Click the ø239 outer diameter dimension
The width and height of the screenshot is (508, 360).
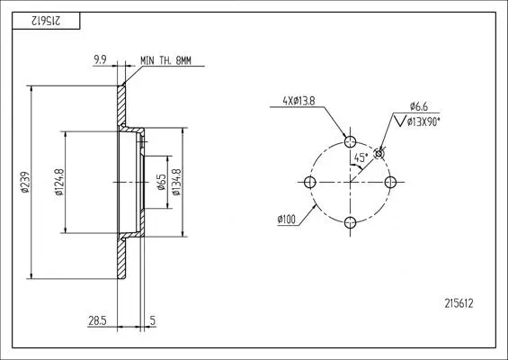pyautogui.click(x=25, y=183)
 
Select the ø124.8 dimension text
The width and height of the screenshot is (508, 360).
pyautogui.click(x=59, y=182)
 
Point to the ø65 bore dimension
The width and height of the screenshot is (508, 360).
pyautogui.click(x=161, y=183)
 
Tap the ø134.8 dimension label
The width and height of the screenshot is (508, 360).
pyautogui.click(x=176, y=182)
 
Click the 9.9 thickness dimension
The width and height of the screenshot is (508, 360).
pyautogui.click(x=100, y=59)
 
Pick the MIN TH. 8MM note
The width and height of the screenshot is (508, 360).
pyautogui.click(x=165, y=60)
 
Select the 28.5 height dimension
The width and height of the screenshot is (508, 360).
pyautogui.click(x=97, y=320)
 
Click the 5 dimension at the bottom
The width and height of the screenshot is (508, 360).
pyautogui.click(x=153, y=320)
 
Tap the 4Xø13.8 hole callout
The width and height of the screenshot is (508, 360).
pyautogui.click(x=299, y=101)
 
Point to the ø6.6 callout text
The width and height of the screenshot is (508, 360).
pyautogui.click(x=419, y=106)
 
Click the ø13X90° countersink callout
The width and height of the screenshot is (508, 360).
pyautogui.click(x=423, y=122)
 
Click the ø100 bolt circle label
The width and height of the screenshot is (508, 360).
pyautogui.click(x=287, y=220)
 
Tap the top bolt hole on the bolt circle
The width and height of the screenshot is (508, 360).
pyautogui.click(x=350, y=141)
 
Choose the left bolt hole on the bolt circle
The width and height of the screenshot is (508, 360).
pyautogui.click(x=310, y=183)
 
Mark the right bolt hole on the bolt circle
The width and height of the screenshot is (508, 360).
pyautogui.click(x=390, y=183)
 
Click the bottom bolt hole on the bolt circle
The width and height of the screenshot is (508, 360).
pyautogui.click(x=350, y=222)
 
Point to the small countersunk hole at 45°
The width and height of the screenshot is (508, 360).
pyautogui.click(x=379, y=154)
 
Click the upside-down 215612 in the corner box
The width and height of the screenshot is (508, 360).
pyautogui.click(x=46, y=21)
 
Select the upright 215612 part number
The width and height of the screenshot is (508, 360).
pyautogui.click(x=459, y=303)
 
